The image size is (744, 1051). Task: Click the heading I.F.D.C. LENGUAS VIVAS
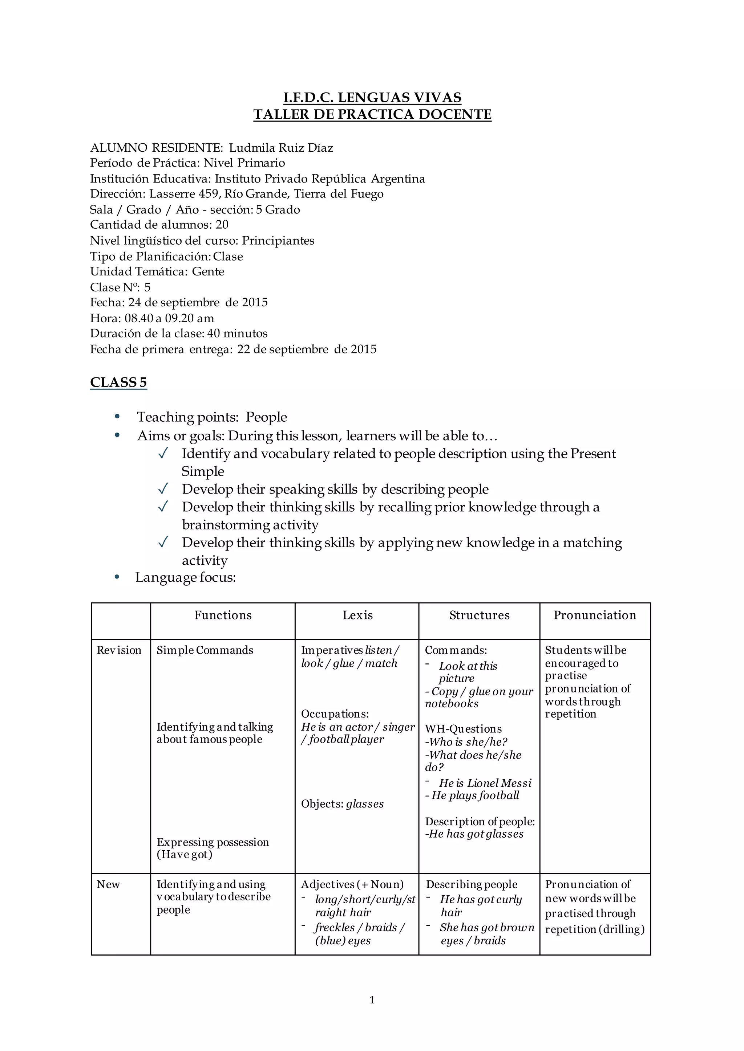tap(372, 98)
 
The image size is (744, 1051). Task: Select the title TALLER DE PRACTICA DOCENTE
tap(372, 114)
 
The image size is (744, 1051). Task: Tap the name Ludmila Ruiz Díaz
tap(281, 148)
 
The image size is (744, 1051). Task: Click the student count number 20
tap(222, 225)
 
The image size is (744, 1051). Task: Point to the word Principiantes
tap(278, 241)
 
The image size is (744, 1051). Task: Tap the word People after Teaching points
tap(266, 417)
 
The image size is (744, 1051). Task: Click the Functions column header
tap(223, 615)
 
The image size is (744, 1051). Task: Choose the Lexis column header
tap(357, 615)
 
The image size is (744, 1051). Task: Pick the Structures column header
tap(479, 615)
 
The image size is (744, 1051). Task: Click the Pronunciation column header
tap(595, 615)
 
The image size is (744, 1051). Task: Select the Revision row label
tap(119, 650)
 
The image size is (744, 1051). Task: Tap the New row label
tap(108, 884)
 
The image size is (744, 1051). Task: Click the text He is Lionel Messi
tap(485, 783)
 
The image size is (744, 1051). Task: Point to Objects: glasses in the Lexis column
tap(342, 804)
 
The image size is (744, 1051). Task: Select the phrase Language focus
tap(185, 578)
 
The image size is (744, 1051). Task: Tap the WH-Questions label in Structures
tap(463, 729)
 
